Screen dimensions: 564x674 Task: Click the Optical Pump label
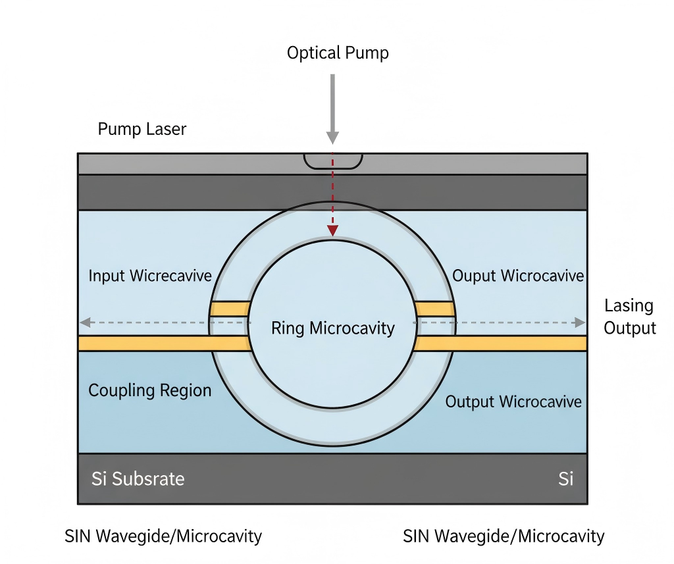click(x=338, y=53)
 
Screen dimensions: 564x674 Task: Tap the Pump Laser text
click(x=142, y=129)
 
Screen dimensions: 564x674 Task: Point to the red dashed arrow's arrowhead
click(x=333, y=230)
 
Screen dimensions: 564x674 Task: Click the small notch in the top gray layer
click(x=333, y=161)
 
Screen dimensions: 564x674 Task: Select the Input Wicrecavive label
click(x=150, y=275)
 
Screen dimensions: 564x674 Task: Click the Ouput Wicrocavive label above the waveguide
click(x=518, y=275)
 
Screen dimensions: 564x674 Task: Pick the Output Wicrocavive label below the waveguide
click(x=513, y=401)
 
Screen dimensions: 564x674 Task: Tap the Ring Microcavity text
click(x=333, y=328)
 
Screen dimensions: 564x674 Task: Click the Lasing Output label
click(x=630, y=317)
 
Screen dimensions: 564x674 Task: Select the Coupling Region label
click(x=150, y=390)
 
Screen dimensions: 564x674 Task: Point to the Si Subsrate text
click(x=138, y=478)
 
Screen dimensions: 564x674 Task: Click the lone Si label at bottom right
click(x=565, y=478)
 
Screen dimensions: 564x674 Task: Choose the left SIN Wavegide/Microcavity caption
click(x=163, y=536)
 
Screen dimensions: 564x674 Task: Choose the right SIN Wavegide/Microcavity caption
click(x=504, y=536)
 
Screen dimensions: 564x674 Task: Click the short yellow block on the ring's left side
click(x=230, y=309)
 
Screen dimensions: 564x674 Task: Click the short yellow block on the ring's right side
click(x=435, y=309)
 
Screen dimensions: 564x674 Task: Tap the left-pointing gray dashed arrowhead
click(x=84, y=322)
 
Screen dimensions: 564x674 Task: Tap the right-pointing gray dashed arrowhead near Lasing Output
click(x=580, y=322)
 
